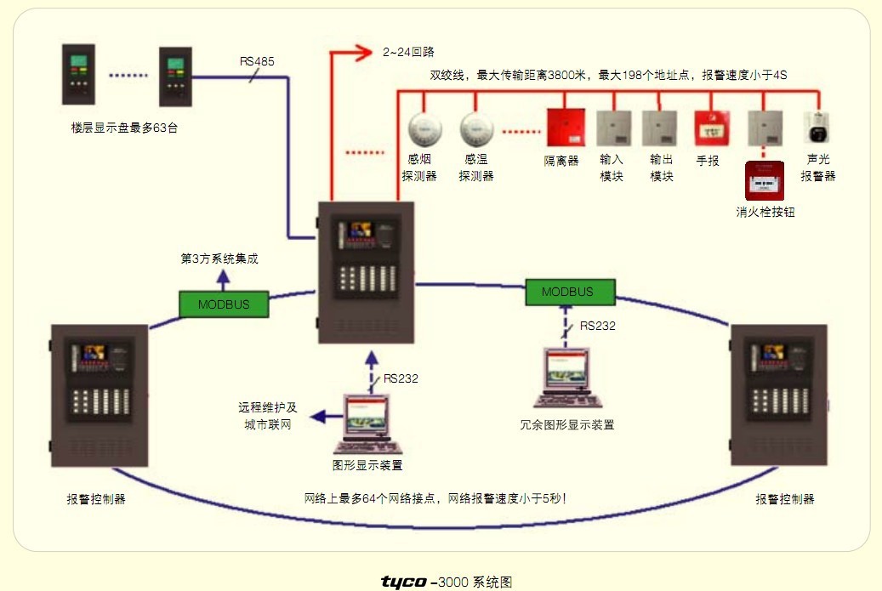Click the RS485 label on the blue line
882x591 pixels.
[257, 61]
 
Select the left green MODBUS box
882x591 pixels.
[224, 304]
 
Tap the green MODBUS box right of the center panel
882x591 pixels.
[568, 292]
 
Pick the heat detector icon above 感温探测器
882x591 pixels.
[476, 128]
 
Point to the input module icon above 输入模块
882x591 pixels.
[612, 128]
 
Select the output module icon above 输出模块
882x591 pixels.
[660, 128]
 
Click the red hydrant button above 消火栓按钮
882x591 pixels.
[764, 180]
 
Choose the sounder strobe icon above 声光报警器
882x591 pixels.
[817, 128]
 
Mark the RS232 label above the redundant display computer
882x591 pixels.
[598, 325]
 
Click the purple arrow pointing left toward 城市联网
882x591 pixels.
[322, 416]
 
